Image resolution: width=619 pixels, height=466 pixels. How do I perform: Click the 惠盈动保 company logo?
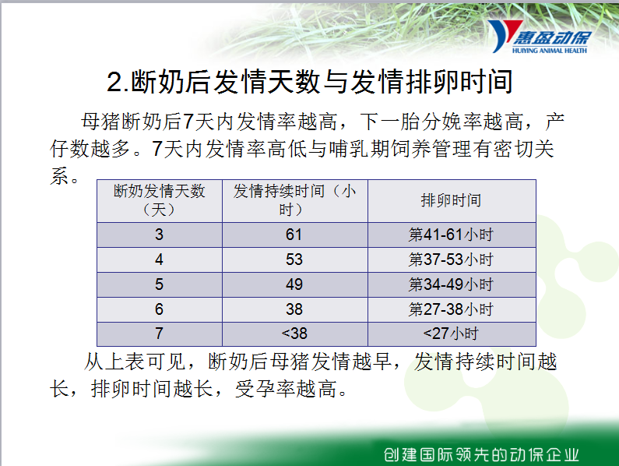click(540, 37)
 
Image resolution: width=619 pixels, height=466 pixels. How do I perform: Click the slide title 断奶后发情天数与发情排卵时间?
click(310, 82)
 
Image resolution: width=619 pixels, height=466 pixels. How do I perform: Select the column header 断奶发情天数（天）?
click(160, 200)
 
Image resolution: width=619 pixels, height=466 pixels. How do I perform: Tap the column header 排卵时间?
click(452, 200)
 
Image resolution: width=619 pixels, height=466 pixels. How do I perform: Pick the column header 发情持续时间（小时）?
click(295, 200)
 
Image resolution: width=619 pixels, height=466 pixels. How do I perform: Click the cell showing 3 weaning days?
click(160, 235)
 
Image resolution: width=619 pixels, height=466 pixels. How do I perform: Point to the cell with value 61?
click(295, 235)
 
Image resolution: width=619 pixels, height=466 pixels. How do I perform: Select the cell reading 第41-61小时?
click(452, 235)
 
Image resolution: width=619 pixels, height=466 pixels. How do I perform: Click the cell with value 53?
click(295, 259)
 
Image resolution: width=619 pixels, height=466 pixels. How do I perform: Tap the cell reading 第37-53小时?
click(452, 259)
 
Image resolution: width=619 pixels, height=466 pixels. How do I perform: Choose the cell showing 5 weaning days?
click(160, 284)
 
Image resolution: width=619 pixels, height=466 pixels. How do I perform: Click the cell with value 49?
click(295, 284)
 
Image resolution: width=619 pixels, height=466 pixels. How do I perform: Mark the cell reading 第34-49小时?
click(452, 284)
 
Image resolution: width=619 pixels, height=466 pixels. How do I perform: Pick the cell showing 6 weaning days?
click(160, 309)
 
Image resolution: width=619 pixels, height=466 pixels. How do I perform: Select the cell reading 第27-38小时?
click(452, 309)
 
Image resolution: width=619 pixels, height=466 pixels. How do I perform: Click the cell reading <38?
click(295, 334)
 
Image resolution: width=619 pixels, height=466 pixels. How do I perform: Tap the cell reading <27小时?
click(452, 334)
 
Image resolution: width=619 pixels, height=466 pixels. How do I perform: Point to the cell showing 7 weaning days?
click(160, 334)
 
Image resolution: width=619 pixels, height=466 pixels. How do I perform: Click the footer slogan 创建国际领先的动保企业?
click(481, 455)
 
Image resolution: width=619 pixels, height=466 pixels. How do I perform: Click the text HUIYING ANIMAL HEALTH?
click(550, 50)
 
